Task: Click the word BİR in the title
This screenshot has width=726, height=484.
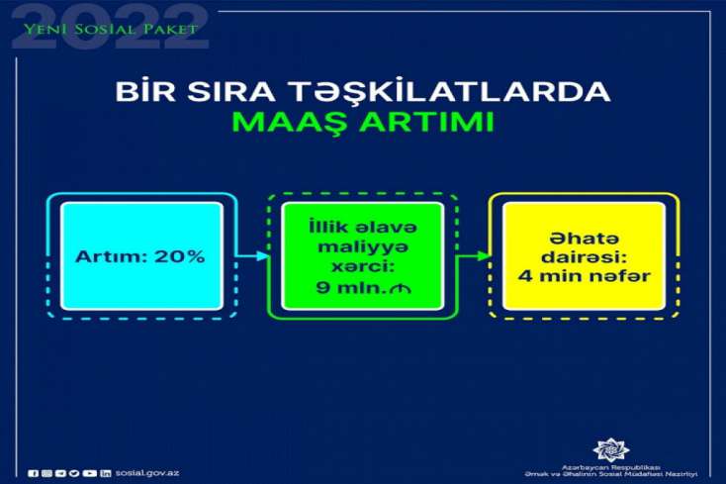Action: tap(145, 91)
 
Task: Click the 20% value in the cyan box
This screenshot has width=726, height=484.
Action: tap(180, 256)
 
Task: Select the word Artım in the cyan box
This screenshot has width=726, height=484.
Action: tap(113, 256)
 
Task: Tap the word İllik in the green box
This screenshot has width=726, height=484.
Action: tap(324, 227)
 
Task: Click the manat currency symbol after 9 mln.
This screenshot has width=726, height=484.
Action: tap(401, 289)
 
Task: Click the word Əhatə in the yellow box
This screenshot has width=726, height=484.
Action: tap(585, 239)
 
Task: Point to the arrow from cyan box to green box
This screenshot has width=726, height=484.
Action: tap(252, 255)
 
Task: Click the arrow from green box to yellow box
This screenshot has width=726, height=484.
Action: tap(473, 255)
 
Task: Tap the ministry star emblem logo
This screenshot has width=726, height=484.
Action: tap(611, 449)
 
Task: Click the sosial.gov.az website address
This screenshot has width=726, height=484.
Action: tap(147, 473)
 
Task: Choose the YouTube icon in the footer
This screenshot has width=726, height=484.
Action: tap(89, 473)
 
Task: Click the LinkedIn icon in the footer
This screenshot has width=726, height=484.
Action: tap(106, 473)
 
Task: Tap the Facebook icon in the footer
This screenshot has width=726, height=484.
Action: tap(33, 473)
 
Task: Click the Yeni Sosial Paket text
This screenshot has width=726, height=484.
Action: tap(111, 29)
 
